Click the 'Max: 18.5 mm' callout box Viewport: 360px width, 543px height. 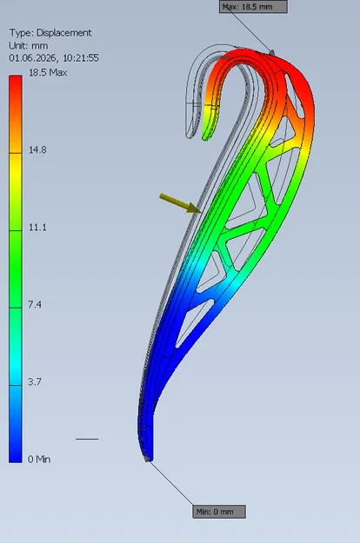click(253, 7)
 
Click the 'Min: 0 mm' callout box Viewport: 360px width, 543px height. click(219, 512)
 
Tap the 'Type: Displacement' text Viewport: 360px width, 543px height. click(50, 33)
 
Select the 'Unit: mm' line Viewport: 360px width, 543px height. click(29, 46)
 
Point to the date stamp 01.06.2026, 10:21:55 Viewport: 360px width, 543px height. click(54, 58)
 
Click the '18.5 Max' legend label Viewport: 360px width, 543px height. click(48, 72)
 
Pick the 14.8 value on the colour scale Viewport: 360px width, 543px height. click(37, 150)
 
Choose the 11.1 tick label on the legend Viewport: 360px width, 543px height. click(37, 227)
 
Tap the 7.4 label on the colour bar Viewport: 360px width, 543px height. click(35, 304)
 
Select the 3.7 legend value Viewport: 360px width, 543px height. click(35, 381)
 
